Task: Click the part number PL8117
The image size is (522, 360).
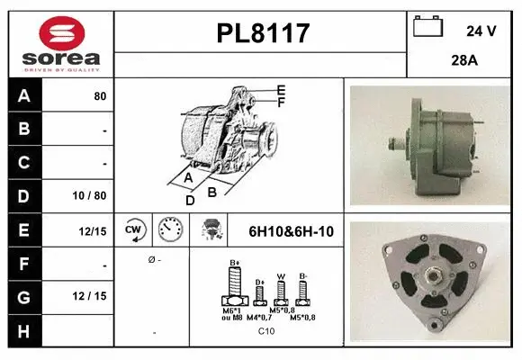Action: tap(263, 34)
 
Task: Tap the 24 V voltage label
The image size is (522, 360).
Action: tap(481, 31)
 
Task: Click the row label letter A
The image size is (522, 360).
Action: tap(23, 95)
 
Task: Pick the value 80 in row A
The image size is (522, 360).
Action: tap(99, 96)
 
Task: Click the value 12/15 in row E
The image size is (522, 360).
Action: tap(93, 231)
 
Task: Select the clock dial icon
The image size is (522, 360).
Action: tap(169, 230)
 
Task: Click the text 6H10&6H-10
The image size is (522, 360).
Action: tap(291, 231)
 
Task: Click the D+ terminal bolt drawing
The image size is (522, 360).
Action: tap(260, 293)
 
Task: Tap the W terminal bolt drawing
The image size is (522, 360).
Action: tap(281, 292)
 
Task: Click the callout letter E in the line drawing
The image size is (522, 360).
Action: tap(282, 90)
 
